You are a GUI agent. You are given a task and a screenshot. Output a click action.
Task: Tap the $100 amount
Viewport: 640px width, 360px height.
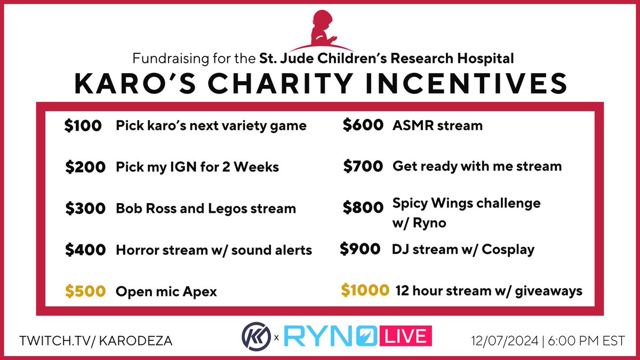83,126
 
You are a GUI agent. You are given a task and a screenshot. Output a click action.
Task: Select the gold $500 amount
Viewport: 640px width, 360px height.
85,291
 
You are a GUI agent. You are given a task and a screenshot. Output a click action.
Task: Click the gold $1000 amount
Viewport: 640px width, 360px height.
365,291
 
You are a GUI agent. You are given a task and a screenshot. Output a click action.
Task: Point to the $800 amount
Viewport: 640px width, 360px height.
363,207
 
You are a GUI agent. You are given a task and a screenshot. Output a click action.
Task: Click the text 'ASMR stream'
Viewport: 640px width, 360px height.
437,126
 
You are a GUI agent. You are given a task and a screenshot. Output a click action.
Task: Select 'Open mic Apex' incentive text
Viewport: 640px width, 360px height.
166,292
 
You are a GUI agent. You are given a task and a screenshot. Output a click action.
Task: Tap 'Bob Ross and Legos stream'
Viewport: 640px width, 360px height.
205,208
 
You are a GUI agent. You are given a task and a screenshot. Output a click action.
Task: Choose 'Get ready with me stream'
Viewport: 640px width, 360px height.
477,166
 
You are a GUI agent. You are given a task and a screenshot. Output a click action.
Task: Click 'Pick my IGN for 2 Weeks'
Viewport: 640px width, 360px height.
197,167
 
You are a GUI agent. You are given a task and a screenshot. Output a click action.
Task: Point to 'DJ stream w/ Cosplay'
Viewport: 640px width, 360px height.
463,249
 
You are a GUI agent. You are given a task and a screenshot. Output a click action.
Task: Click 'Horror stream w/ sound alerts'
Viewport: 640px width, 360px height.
214,249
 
